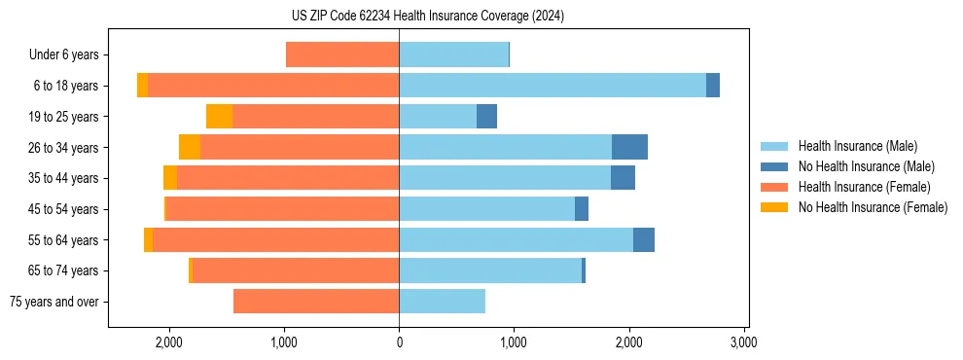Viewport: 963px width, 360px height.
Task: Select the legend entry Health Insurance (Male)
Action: pyautogui.click(x=857, y=146)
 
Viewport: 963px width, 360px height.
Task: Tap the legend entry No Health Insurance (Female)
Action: pyautogui.click(x=873, y=207)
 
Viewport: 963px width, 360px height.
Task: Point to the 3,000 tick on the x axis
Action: pyautogui.click(x=743, y=342)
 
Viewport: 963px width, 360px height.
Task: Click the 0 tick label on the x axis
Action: pyautogui.click(x=399, y=342)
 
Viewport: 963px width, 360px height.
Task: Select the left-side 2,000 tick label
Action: pyautogui.click(x=169, y=342)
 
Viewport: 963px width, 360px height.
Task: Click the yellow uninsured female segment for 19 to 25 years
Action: pyautogui.click(x=219, y=117)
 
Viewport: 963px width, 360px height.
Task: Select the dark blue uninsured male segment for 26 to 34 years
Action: pyautogui.click(x=629, y=147)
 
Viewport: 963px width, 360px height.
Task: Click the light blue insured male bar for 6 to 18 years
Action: pyautogui.click(x=553, y=86)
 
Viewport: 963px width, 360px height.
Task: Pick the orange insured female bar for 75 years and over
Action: pyautogui.click(x=316, y=302)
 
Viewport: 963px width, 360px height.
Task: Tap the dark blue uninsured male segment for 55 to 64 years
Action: pyautogui.click(x=644, y=239)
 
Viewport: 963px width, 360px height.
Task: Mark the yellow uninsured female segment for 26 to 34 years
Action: pyautogui.click(x=190, y=147)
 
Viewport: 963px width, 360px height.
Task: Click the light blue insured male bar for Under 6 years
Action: pyautogui.click(x=453, y=54)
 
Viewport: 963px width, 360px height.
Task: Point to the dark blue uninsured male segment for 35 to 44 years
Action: pyautogui.click(x=623, y=178)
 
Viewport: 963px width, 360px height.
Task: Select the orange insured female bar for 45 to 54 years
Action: pyautogui.click(x=283, y=209)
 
